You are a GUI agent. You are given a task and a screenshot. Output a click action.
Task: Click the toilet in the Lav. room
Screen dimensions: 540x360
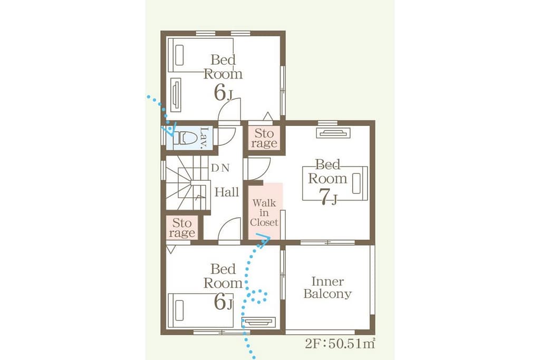coord(182,138)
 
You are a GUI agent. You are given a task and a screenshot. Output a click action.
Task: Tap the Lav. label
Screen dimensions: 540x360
coord(204,138)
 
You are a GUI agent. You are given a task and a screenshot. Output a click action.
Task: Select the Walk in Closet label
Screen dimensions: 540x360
coord(264,213)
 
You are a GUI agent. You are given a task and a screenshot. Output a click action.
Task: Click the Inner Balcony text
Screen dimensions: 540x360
coord(327,288)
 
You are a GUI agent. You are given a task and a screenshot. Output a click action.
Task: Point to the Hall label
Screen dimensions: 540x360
coord(227,192)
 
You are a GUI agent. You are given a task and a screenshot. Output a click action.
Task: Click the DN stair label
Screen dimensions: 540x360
coord(220,168)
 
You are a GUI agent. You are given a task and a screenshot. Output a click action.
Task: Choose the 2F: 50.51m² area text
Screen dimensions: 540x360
coord(340,344)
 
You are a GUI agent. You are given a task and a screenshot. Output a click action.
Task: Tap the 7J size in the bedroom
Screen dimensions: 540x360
coord(328,198)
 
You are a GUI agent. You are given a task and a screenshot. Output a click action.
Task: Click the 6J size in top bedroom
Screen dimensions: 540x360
coord(223,93)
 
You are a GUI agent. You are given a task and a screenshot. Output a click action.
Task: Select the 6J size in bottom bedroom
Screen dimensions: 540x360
coord(223,302)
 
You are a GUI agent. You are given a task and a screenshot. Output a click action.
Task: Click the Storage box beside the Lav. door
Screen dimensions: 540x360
coord(264,138)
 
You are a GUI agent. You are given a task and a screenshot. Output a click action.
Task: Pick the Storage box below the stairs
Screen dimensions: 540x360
coord(182,228)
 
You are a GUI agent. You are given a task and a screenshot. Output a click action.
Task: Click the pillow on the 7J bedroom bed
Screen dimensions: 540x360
coord(356,183)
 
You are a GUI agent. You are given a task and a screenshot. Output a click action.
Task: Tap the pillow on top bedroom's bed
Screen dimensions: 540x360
coord(179,55)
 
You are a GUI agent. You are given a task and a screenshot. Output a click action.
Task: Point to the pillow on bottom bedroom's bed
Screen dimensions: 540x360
coord(179,310)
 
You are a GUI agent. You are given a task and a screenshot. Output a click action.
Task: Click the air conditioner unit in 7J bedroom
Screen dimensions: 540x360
coord(333,133)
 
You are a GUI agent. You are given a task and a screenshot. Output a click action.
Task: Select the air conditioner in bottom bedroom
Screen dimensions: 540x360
coord(258,322)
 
